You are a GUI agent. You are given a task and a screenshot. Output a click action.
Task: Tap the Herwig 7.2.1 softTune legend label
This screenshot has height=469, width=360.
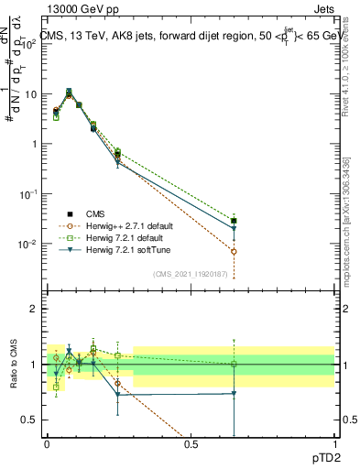(117, 249)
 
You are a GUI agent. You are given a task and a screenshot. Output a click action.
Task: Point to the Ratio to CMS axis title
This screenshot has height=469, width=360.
(15, 365)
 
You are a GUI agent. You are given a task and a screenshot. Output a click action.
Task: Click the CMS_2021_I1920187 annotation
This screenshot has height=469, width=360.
(191, 274)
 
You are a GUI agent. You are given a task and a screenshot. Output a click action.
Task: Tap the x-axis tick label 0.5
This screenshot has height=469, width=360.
(191, 442)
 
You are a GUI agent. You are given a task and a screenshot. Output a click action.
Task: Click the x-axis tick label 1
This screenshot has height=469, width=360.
(334, 442)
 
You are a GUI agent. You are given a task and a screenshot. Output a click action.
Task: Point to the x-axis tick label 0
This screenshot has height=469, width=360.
(48, 442)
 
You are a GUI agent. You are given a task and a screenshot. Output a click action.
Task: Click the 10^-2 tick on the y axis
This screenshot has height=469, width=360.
(29, 244)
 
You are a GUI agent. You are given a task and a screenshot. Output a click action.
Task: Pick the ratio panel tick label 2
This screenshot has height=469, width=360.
(35, 309)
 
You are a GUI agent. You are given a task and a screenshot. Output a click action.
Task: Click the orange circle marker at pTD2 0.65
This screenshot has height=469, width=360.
(235, 251)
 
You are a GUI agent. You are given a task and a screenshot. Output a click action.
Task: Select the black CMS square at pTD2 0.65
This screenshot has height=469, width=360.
(235, 221)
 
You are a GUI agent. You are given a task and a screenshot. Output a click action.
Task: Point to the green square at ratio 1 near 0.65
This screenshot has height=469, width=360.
(235, 364)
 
